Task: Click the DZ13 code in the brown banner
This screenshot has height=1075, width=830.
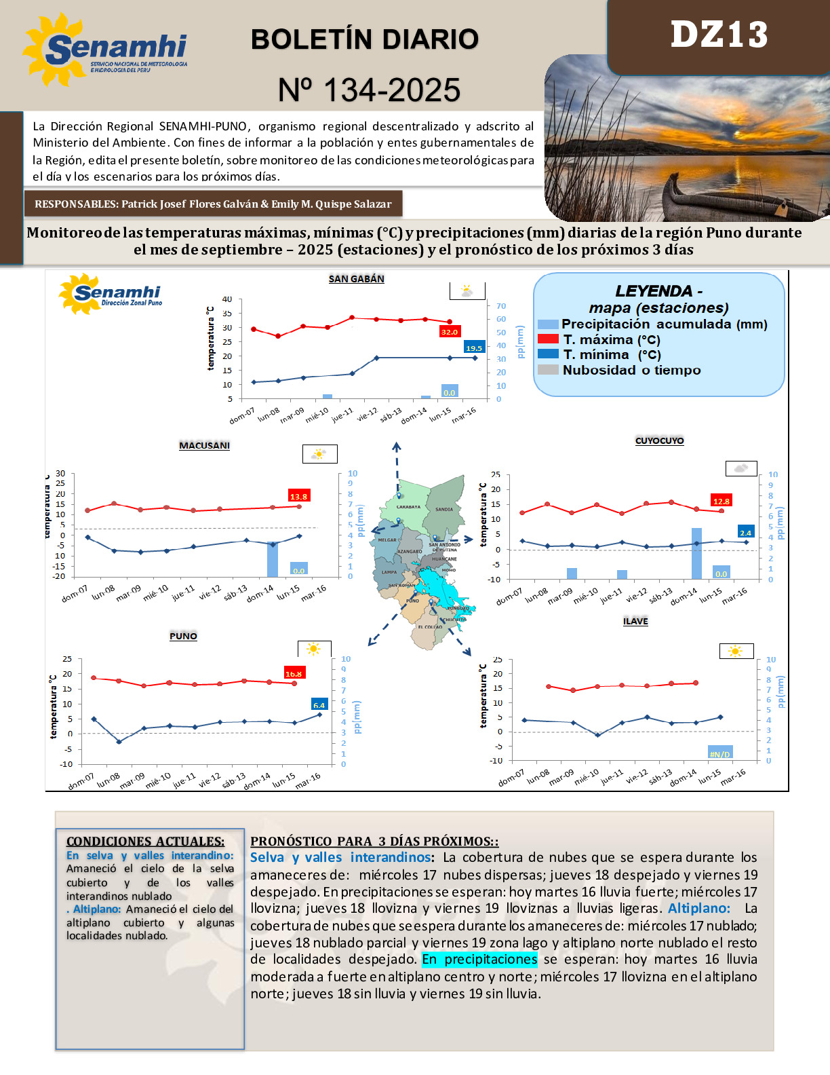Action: [719, 35]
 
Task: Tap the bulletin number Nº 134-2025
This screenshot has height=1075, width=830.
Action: [370, 90]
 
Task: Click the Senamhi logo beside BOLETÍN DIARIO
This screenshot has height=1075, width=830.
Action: [105, 50]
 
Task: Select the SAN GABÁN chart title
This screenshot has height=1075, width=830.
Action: [356, 279]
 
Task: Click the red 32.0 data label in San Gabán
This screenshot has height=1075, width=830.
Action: [449, 332]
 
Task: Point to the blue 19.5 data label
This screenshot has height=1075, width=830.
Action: [474, 347]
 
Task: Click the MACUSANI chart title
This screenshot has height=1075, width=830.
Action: [204, 446]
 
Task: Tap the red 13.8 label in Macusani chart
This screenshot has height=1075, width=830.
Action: [298, 496]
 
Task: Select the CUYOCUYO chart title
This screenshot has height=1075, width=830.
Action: [659, 441]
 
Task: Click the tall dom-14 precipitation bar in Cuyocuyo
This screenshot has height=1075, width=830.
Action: [696, 553]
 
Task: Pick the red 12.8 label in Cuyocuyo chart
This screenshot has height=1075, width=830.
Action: [721, 501]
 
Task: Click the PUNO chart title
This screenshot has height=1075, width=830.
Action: [183, 637]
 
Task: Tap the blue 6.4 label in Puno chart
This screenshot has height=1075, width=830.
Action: [319, 704]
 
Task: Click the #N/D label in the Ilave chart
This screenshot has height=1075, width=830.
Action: [719, 754]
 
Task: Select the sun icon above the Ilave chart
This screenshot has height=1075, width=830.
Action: [735, 652]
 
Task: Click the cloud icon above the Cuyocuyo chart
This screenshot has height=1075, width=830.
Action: [741, 468]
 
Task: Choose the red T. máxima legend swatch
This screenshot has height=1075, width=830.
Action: [548, 339]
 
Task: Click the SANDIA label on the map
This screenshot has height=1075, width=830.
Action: [444, 509]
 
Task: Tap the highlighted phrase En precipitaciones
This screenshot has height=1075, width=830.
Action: [479, 960]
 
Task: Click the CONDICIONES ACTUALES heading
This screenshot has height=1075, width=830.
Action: [145, 842]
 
